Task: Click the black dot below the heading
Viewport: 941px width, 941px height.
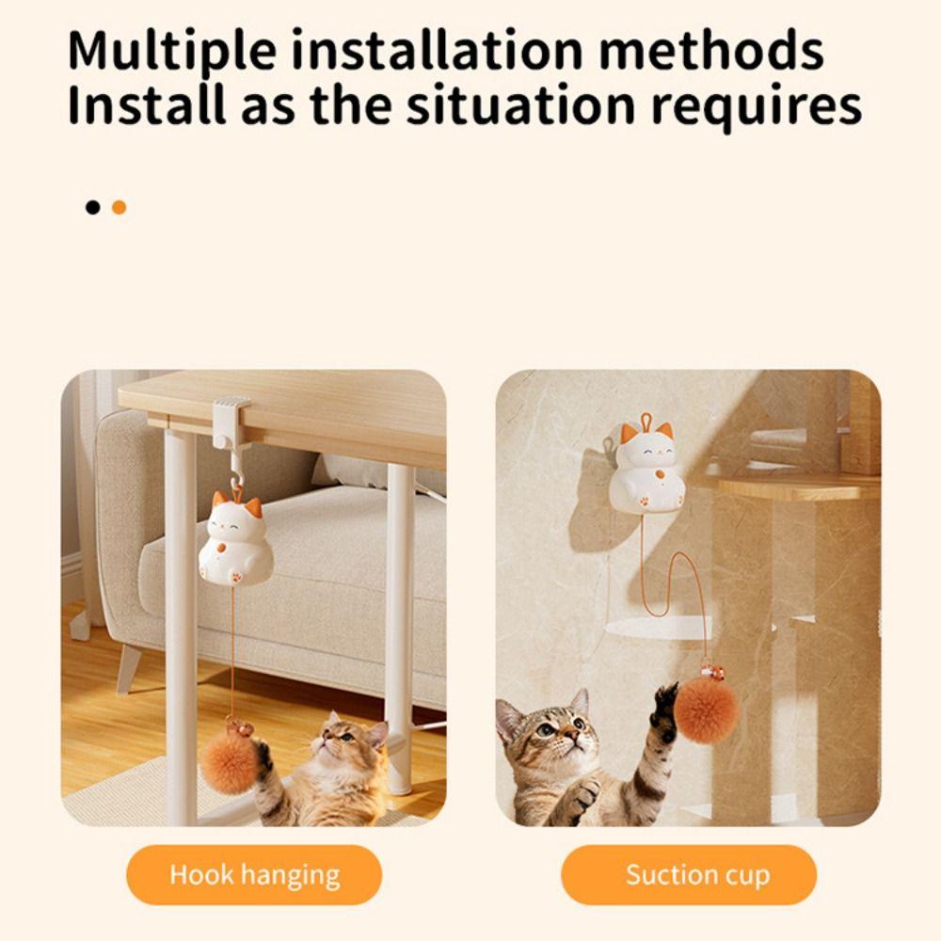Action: click(92, 207)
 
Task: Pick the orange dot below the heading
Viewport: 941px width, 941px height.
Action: click(119, 207)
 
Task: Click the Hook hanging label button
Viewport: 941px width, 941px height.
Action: click(254, 875)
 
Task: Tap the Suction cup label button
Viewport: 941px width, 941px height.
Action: click(697, 875)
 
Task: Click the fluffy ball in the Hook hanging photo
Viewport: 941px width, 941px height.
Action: click(229, 760)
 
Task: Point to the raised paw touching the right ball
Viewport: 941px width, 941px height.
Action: click(664, 706)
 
